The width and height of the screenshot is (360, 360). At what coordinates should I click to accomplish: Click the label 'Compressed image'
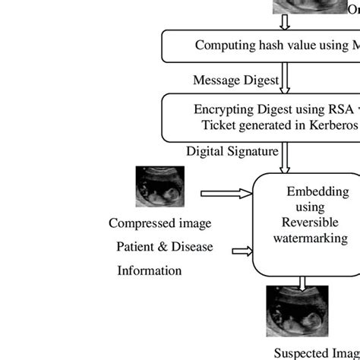160,223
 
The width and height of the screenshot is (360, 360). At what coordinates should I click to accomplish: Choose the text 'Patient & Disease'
164,247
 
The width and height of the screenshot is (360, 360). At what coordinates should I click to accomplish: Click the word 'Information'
149,270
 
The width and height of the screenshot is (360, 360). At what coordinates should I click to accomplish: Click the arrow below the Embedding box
303,283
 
